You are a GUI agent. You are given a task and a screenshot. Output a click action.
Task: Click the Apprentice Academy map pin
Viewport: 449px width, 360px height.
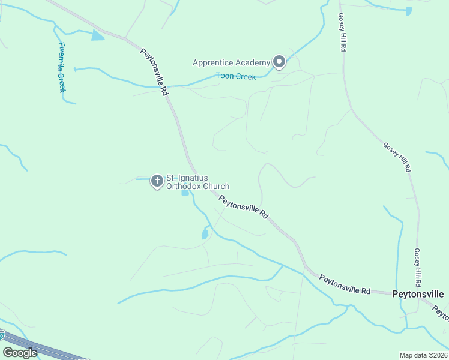(279, 62)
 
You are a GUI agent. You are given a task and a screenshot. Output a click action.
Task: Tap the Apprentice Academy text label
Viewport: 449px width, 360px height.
(231, 62)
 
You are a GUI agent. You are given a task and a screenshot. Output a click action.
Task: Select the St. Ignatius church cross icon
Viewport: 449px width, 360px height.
(157, 181)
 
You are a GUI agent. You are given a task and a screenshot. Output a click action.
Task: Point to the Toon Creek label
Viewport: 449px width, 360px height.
(236, 77)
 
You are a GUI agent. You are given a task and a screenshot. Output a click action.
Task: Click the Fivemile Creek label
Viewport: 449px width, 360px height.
(61, 67)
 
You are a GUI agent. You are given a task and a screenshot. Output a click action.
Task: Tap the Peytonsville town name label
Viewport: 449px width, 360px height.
(418, 294)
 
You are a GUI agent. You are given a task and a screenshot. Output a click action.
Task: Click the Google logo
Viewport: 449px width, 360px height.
(20, 352)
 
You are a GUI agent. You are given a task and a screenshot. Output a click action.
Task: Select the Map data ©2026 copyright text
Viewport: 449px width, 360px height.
(423, 355)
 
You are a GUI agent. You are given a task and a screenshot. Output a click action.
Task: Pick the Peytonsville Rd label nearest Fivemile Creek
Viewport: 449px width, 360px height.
(154, 71)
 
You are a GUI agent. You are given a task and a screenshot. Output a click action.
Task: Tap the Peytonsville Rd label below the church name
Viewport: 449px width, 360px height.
(243, 207)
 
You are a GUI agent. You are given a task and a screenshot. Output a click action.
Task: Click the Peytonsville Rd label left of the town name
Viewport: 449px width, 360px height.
(345, 284)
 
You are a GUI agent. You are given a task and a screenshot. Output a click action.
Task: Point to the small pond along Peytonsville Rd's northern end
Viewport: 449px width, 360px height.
(97, 37)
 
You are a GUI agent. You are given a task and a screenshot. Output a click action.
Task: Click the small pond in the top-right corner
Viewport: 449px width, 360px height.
(409, 11)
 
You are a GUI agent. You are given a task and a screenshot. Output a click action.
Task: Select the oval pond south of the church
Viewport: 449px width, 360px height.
(205, 233)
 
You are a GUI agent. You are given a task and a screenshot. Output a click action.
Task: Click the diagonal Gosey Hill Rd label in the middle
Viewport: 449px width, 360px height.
(397, 157)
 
